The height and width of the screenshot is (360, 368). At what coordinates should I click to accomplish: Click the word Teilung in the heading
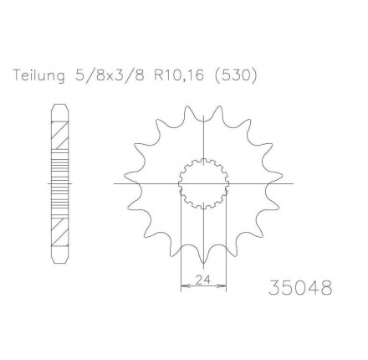click(x=38, y=75)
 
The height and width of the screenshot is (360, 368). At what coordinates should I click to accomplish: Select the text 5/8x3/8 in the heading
click(x=110, y=75)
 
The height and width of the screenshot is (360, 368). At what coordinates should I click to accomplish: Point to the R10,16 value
click(x=179, y=75)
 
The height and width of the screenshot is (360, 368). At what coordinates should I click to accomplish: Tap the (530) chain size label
click(x=236, y=75)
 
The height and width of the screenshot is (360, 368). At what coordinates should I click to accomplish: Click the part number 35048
click(x=300, y=287)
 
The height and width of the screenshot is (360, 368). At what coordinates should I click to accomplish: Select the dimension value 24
click(x=203, y=279)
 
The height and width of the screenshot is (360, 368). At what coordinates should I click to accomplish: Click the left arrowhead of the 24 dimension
click(x=185, y=285)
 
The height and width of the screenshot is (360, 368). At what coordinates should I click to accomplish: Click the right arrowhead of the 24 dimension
click(x=222, y=285)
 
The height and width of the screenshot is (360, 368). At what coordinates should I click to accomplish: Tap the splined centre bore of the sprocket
click(x=203, y=183)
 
